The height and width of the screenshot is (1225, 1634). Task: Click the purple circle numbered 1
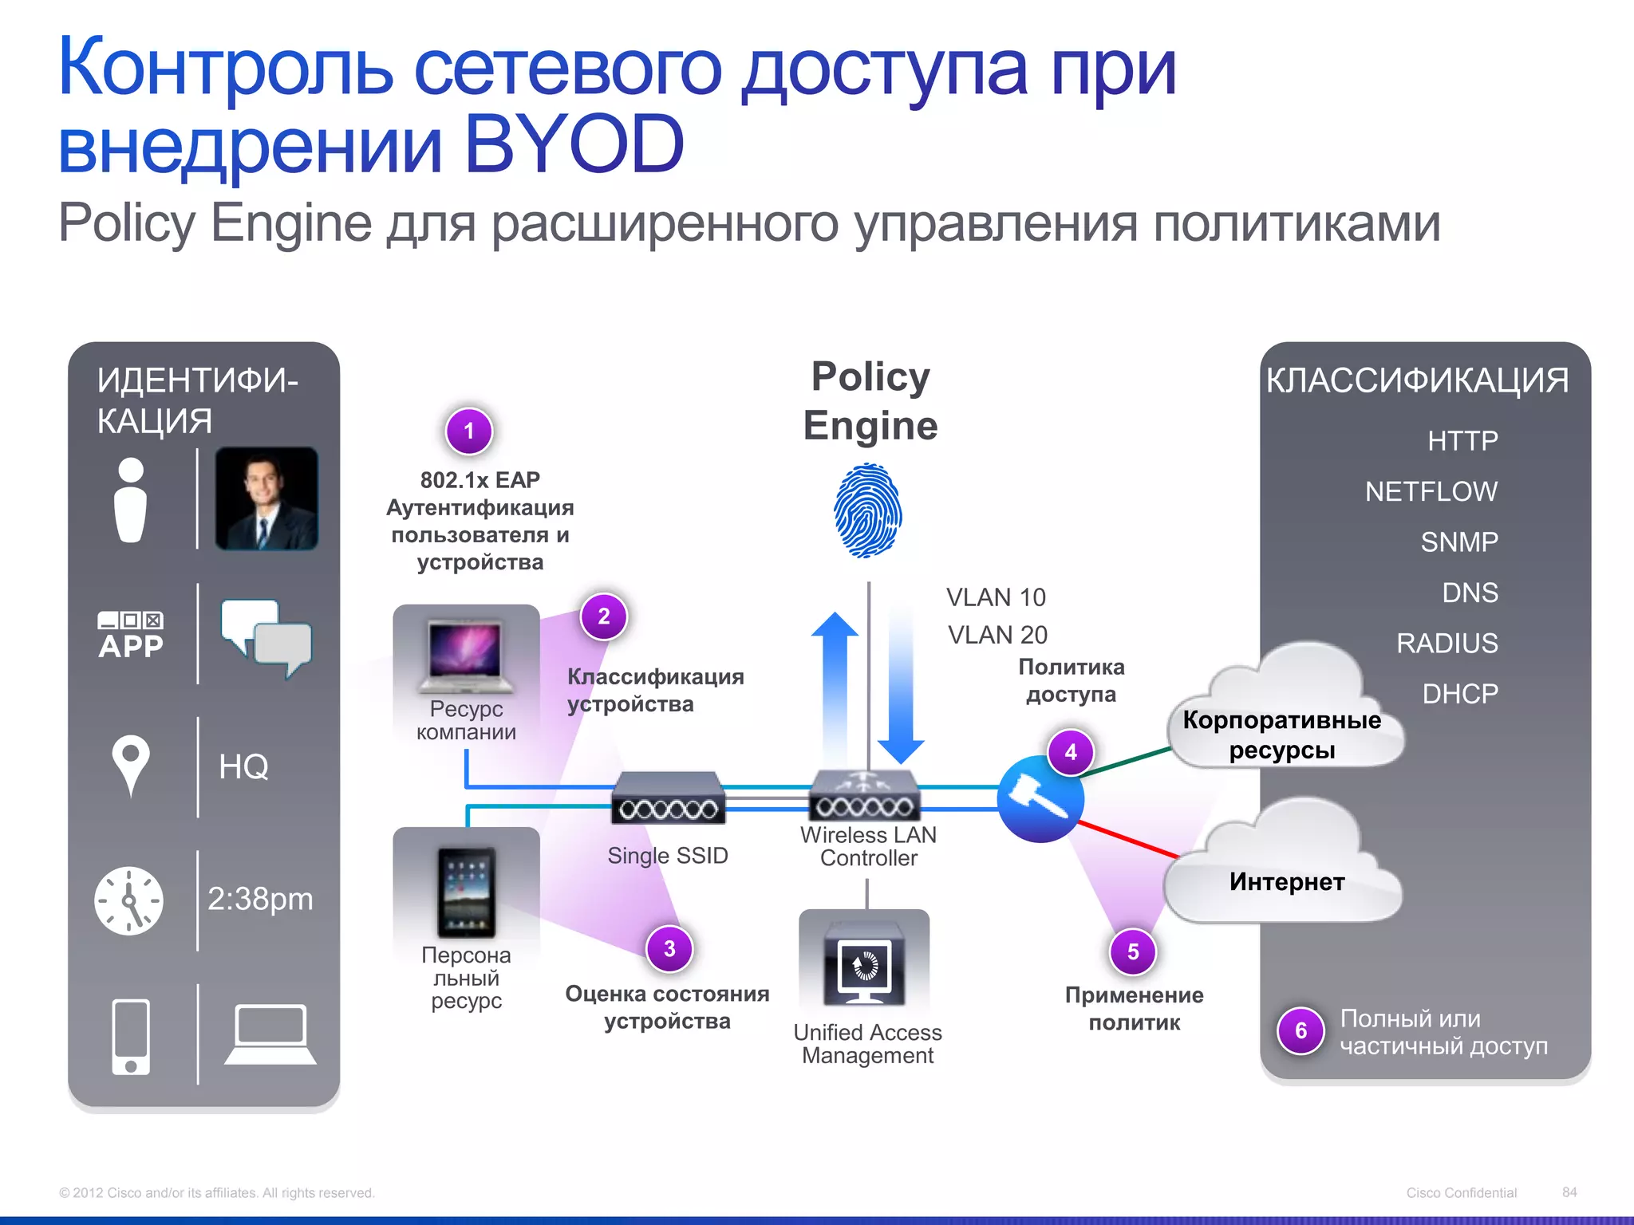click(469, 431)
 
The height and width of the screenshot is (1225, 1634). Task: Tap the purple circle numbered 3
click(669, 948)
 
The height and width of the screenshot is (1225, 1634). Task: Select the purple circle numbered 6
click(1300, 1030)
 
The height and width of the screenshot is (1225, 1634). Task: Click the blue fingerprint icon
click(868, 511)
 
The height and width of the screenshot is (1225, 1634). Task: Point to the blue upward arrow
click(835, 686)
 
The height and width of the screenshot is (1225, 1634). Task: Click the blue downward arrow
click(901, 686)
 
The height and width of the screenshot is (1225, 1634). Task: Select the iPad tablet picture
click(466, 892)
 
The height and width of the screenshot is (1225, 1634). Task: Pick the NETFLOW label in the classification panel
click(1431, 491)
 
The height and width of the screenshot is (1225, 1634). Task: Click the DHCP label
click(1459, 694)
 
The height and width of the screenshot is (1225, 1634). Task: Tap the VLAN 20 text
click(997, 635)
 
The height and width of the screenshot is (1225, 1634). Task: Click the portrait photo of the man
click(266, 498)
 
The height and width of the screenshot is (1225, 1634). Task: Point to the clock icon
click(129, 901)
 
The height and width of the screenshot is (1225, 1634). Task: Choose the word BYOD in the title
click(574, 145)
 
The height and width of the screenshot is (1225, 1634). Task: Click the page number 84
click(1569, 1192)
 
